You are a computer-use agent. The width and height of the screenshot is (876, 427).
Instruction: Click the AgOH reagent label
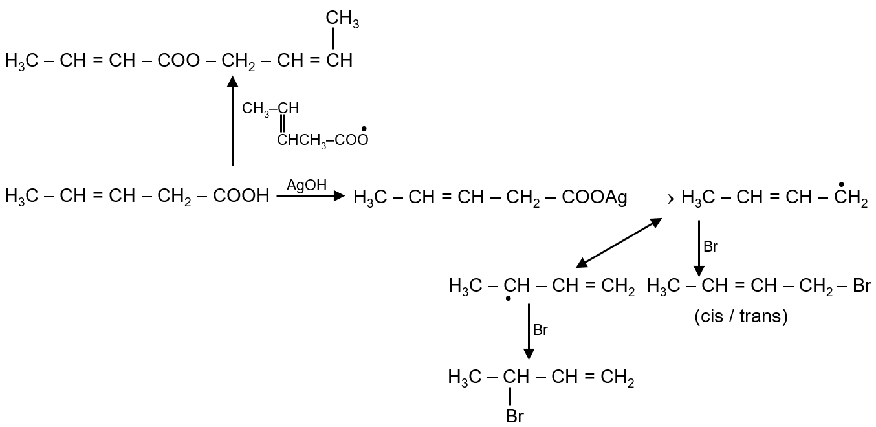pyautogui.click(x=307, y=186)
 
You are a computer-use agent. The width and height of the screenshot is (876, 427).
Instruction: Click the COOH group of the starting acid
pyautogui.click(x=241, y=196)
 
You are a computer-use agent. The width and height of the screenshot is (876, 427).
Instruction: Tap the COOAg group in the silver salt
pyautogui.click(x=595, y=197)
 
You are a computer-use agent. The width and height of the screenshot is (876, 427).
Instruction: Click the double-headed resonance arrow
pyautogui.click(x=619, y=243)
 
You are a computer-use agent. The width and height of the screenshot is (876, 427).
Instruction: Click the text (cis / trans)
pyautogui.click(x=741, y=317)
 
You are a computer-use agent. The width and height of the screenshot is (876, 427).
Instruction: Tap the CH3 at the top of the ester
pyautogui.click(x=342, y=20)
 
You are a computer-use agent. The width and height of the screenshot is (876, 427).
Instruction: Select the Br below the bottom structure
pyautogui.click(x=514, y=416)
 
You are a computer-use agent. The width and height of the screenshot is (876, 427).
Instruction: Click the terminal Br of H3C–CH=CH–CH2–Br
pyautogui.click(x=862, y=286)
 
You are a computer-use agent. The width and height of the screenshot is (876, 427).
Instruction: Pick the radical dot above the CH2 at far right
pyautogui.click(x=840, y=184)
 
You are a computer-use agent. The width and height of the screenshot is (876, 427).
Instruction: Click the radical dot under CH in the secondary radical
pyautogui.click(x=509, y=299)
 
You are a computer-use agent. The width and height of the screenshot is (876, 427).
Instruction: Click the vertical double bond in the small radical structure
pyautogui.click(x=283, y=123)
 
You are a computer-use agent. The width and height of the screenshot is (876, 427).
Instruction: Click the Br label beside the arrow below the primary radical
pyautogui.click(x=710, y=246)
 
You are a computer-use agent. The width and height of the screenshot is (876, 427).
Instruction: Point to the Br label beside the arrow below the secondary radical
pyautogui.click(x=540, y=331)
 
